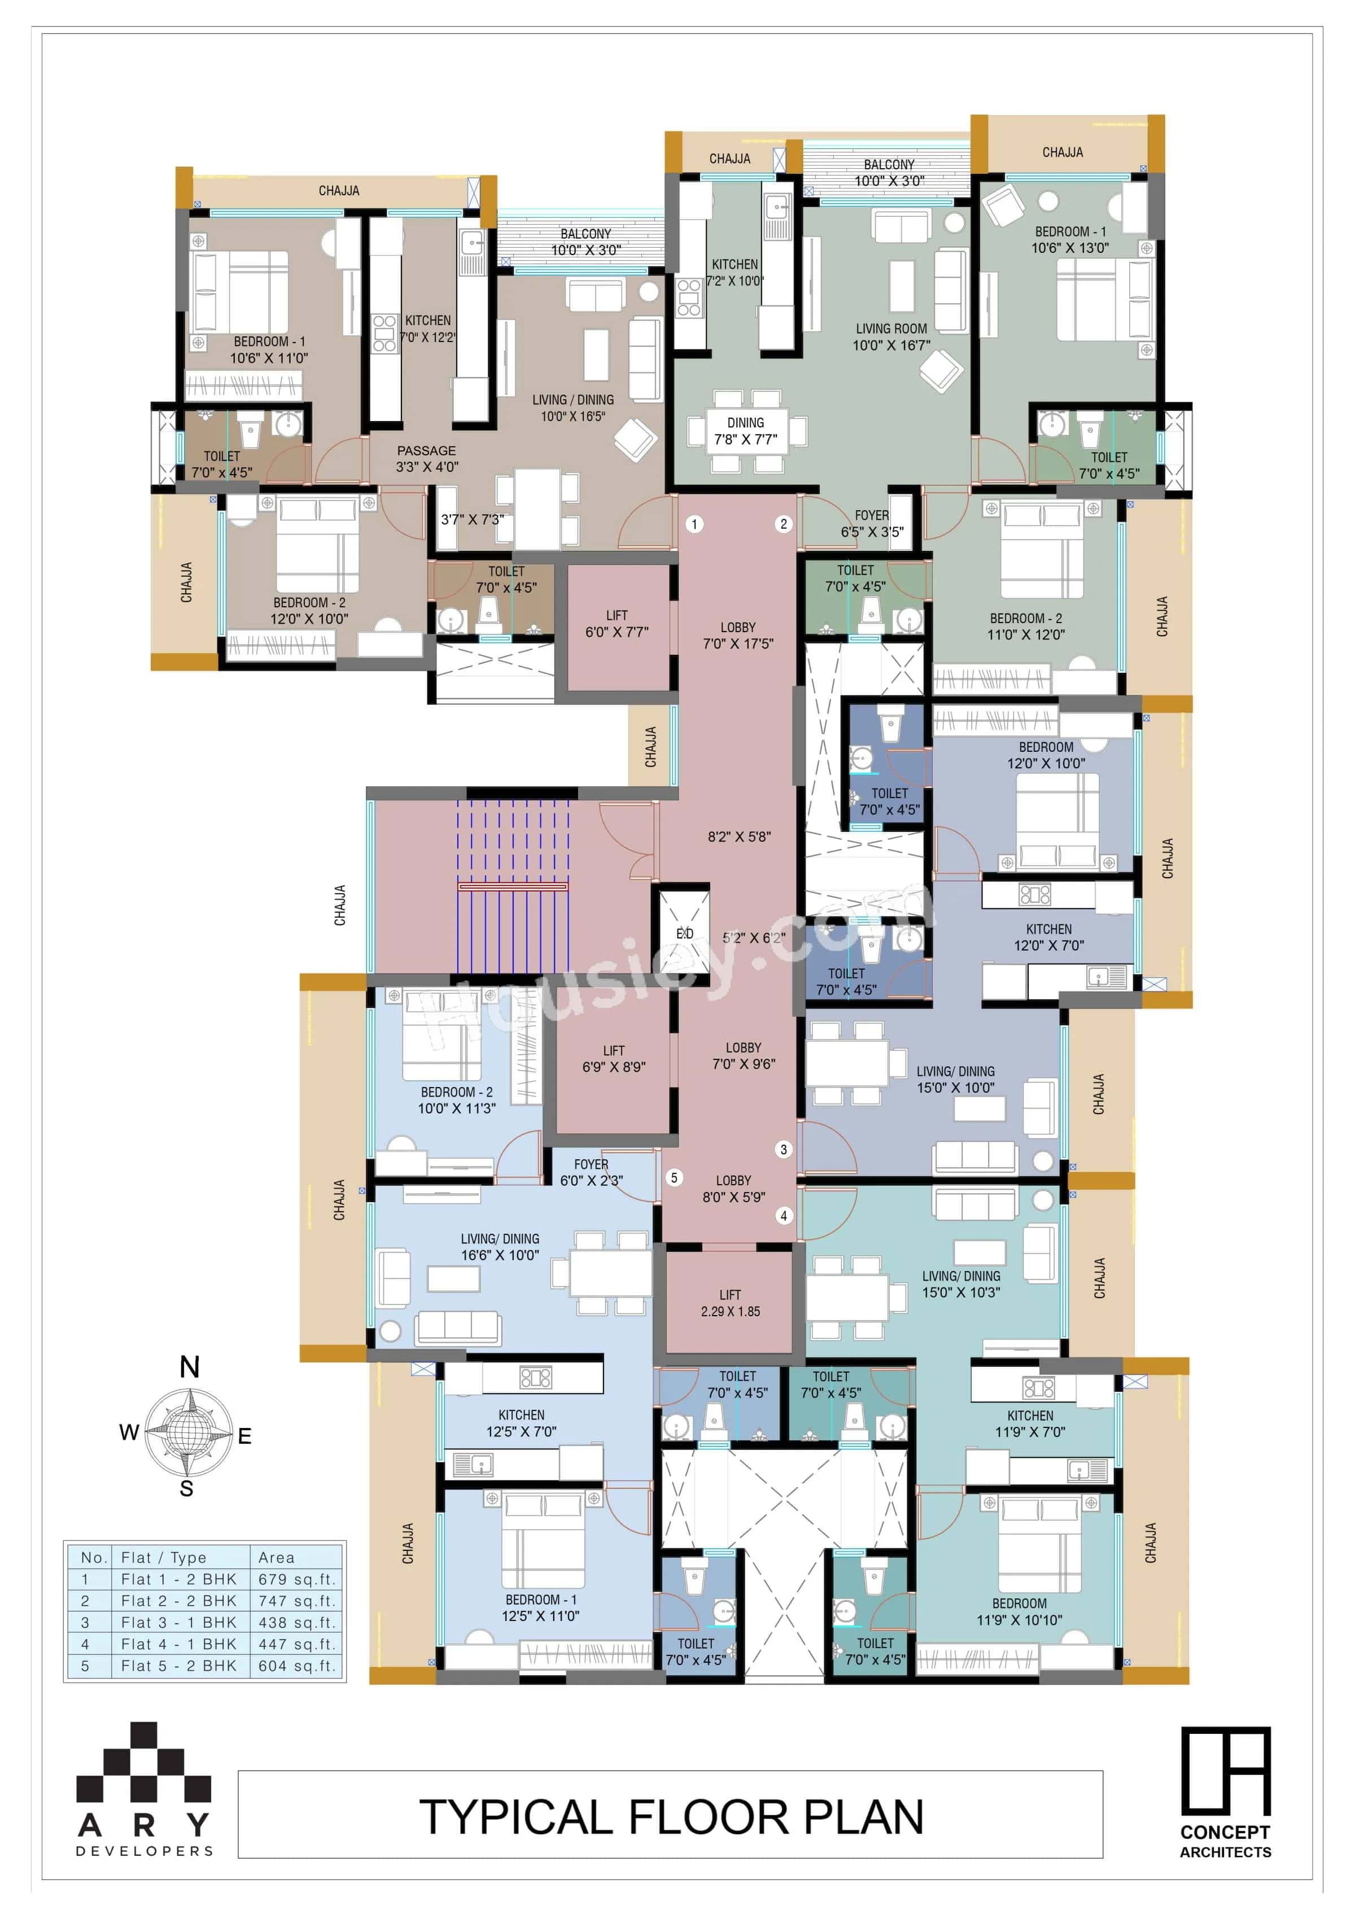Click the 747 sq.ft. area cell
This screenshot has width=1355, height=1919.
tap(297, 1601)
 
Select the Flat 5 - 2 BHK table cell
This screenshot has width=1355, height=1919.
tap(179, 1666)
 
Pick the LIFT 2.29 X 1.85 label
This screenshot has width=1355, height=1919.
tap(730, 1303)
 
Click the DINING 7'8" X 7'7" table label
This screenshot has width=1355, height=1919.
tap(746, 431)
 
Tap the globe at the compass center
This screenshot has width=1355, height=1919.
tap(189, 1432)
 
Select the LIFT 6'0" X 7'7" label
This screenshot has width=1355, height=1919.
tap(617, 624)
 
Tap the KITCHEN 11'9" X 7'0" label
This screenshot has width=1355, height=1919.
tap(1030, 1423)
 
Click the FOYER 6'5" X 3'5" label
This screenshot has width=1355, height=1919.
tap(872, 523)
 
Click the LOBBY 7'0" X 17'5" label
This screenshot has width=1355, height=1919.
tap(738, 635)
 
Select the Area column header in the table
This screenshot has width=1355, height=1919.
tap(277, 1557)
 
